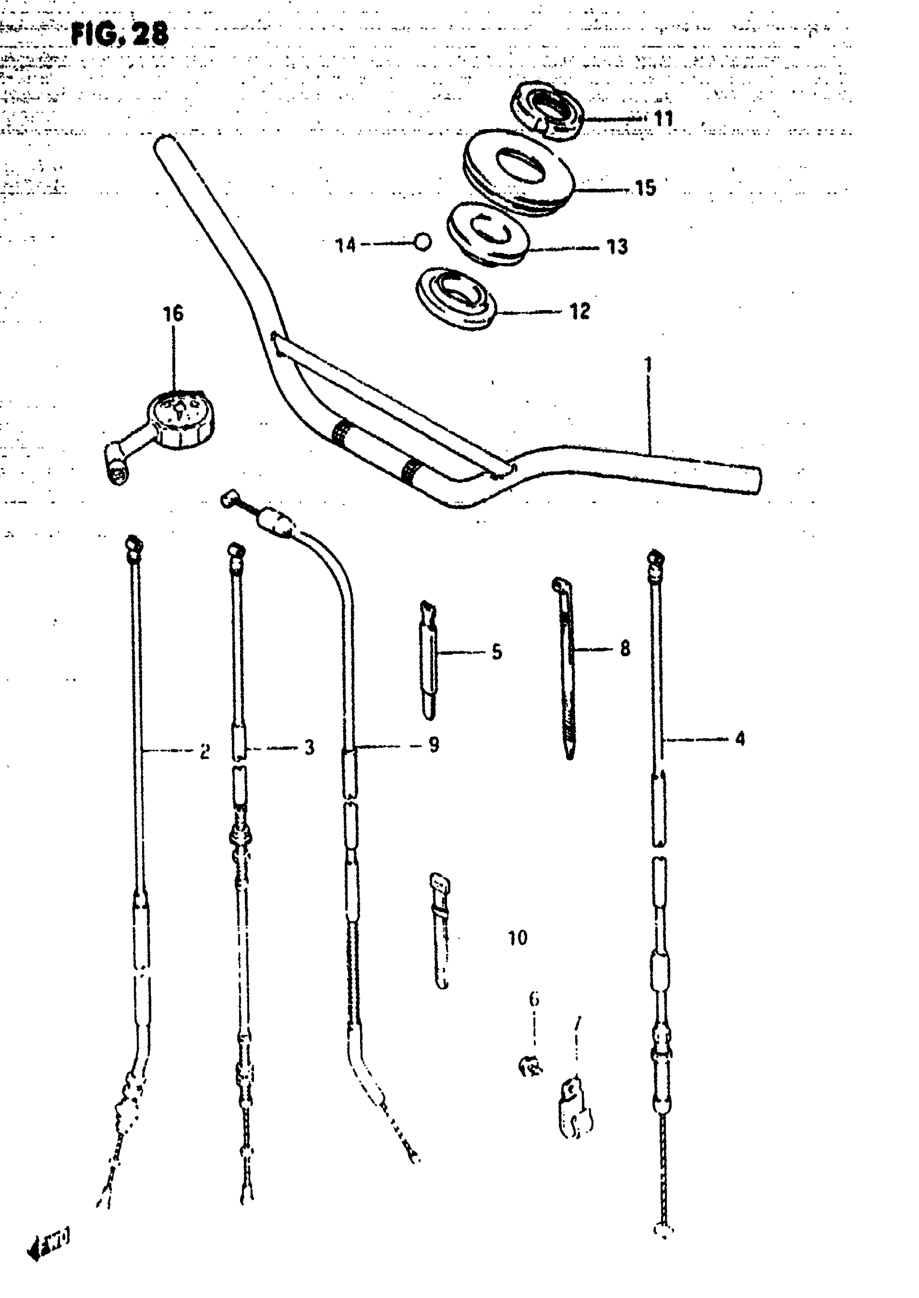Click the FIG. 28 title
point(119,35)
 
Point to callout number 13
point(617,246)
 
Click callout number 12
point(580,311)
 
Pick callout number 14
point(345,245)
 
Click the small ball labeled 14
point(423,242)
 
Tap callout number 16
point(173,313)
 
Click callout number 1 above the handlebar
point(649,364)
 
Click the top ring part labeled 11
point(548,110)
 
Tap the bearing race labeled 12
point(456,298)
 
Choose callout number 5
point(496,652)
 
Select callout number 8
point(625,648)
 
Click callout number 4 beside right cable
point(740,738)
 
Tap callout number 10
point(517,938)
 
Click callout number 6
point(534,999)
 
